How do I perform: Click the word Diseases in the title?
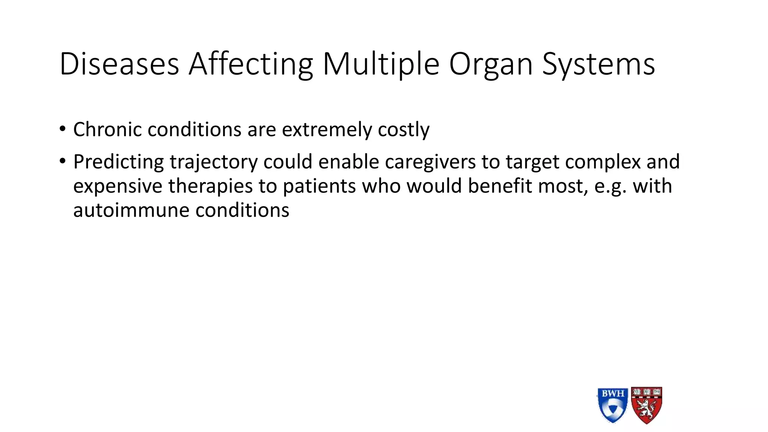[x=119, y=64]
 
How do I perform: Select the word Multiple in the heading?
[x=381, y=64]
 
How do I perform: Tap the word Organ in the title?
[x=491, y=64]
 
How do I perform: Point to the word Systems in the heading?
[x=598, y=64]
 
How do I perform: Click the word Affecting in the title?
[x=250, y=64]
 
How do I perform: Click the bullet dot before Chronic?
[x=62, y=129]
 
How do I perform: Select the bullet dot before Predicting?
[x=62, y=162]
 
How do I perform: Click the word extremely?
[x=327, y=130]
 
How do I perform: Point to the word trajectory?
[x=214, y=162]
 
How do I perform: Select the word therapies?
[x=210, y=186]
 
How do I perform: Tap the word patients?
[x=319, y=186]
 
